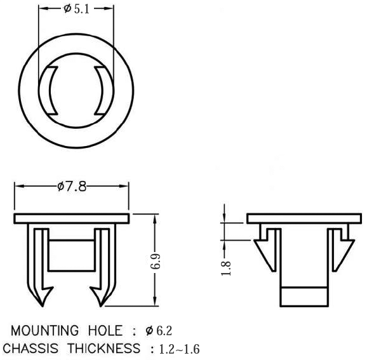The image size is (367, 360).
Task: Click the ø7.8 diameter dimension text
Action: pos(71,186)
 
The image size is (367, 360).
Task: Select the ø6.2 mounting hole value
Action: pos(159,331)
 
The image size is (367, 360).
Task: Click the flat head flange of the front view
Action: pos(72,218)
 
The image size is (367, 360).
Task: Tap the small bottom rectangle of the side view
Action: pos(304,296)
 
